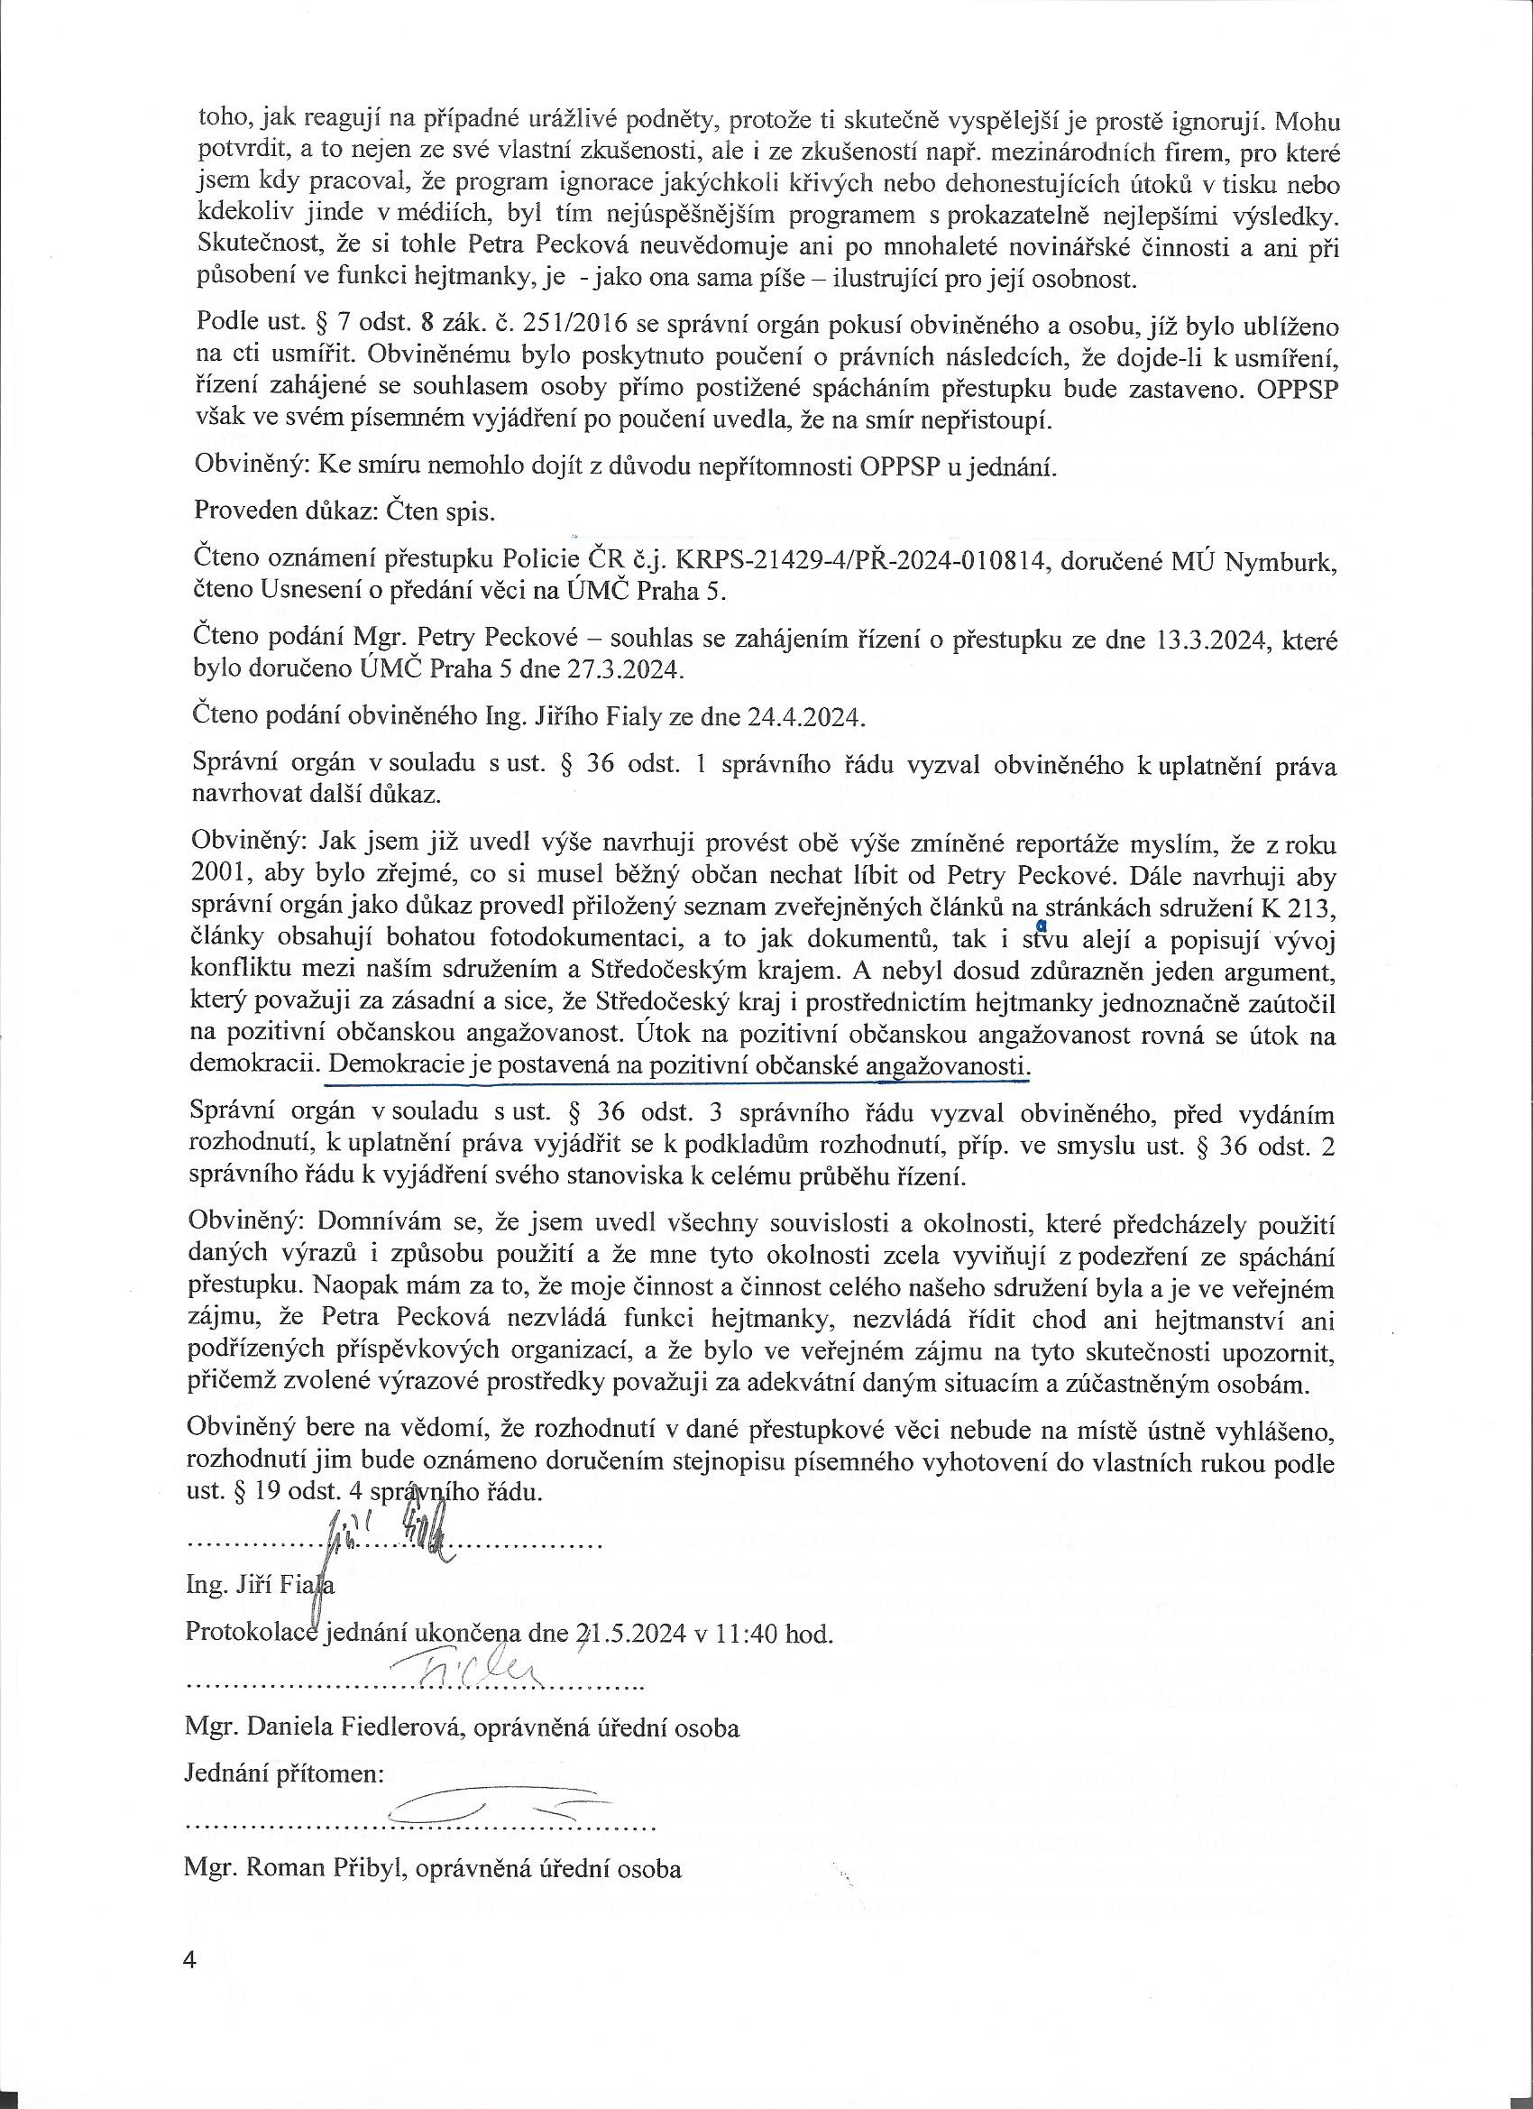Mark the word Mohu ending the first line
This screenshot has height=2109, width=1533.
tap(1306, 122)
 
